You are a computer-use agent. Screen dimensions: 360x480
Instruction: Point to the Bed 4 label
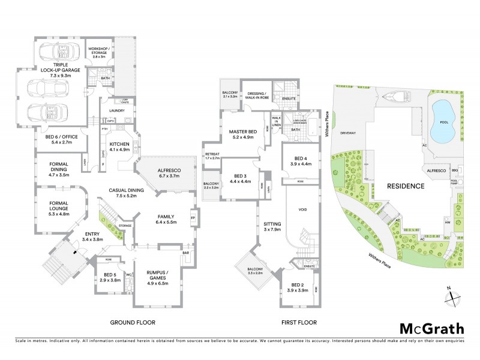300,160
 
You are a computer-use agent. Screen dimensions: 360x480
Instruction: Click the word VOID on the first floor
302,209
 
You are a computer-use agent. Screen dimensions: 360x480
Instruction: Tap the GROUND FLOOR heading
133,322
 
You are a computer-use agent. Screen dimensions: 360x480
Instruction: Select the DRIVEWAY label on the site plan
349,133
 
